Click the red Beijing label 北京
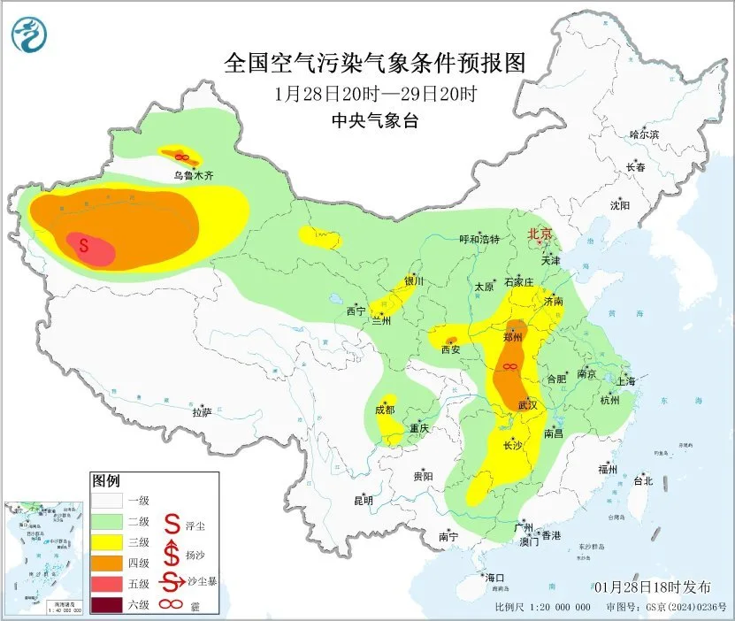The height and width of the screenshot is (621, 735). click(540, 234)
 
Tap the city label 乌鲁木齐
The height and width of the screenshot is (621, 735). click(193, 176)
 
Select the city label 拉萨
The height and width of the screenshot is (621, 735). click(202, 412)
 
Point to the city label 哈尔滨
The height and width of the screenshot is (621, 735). click(644, 134)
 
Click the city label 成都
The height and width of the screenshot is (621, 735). click(385, 410)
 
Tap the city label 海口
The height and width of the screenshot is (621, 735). click(494, 578)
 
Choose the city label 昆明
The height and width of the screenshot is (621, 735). click(364, 501)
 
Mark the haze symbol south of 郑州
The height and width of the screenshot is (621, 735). click(509, 366)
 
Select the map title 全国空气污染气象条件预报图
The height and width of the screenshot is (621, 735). click(376, 63)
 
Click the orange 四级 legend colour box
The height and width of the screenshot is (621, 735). click(108, 563)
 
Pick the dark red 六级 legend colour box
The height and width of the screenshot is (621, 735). click(108, 605)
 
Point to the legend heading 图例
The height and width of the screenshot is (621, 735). click(105, 481)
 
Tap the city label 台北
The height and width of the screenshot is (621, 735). click(642, 481)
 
